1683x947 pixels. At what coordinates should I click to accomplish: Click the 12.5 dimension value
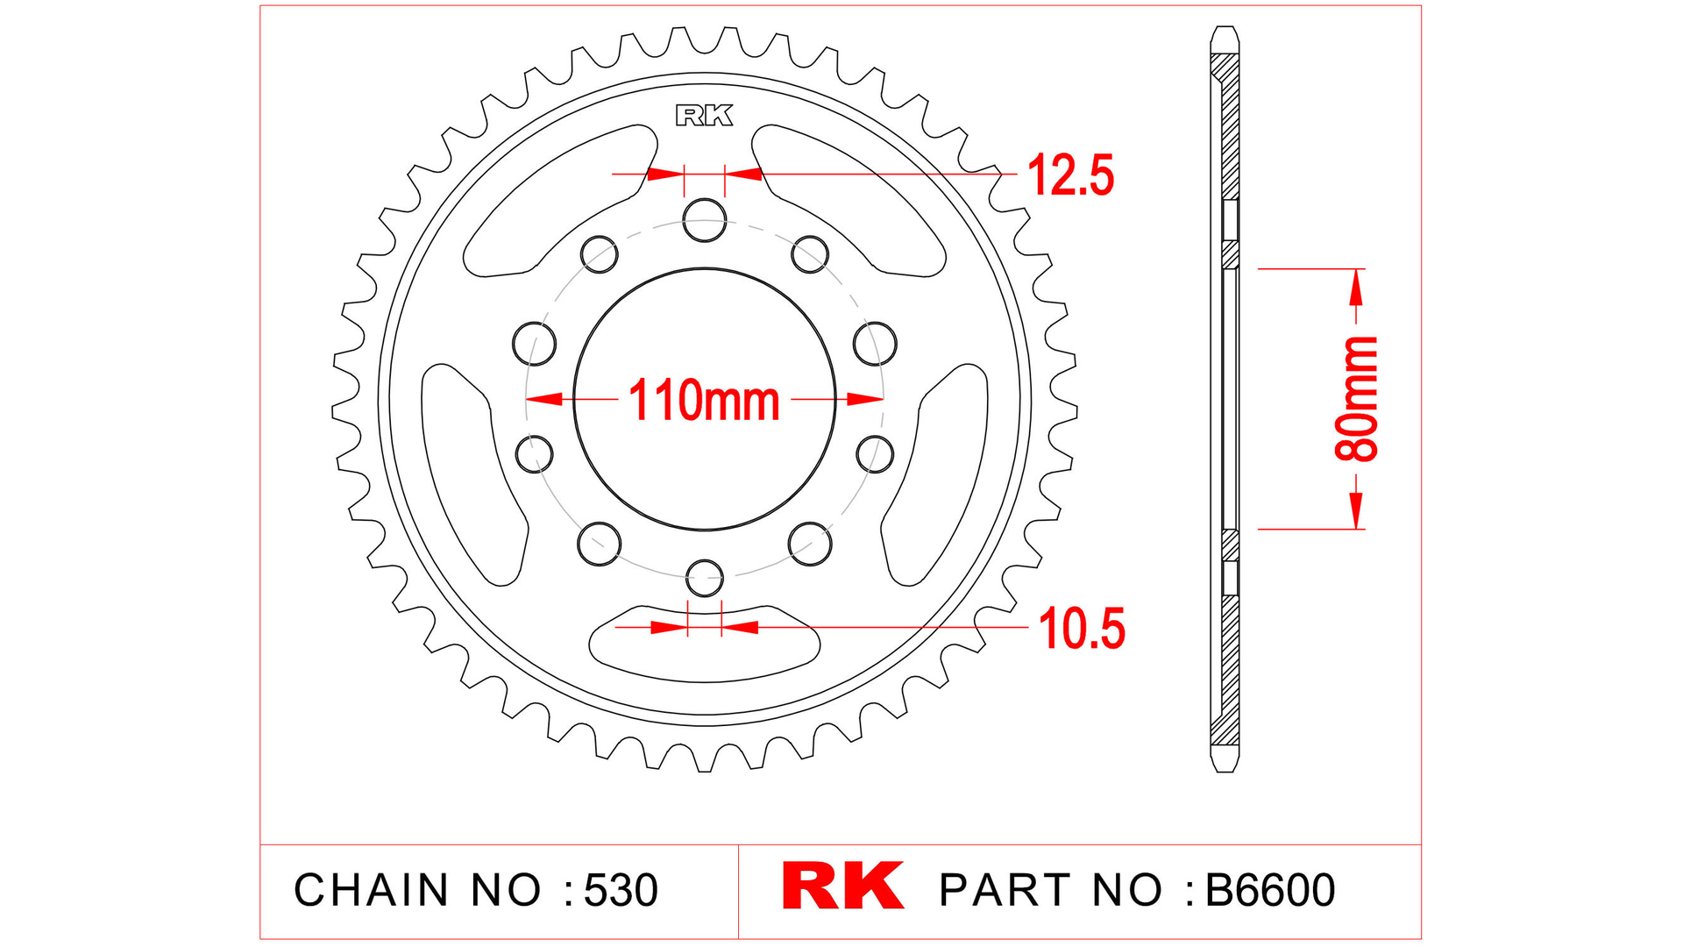pyautogui.click(x=1069, y=175)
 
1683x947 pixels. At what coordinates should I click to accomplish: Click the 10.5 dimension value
pyautogui.click(x=1081, y=629)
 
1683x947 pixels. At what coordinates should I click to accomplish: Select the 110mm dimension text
pyautogui.click(x=704, y=401)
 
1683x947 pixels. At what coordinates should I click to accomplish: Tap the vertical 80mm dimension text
pyautogui.click(x=1356, y=399)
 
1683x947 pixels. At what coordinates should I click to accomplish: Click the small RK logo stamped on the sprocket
pyautogui.click(x=704, y=116)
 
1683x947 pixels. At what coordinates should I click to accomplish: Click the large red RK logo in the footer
pyautogui.click(x=842, y=886)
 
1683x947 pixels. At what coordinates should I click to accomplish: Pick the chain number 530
pyautogui.click(x=621, y=890)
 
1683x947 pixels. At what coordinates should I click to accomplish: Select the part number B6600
pyautogui.click(x=1270, y=890)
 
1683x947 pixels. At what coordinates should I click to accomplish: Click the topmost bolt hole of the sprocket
pyautogui.click(x=705, y=219)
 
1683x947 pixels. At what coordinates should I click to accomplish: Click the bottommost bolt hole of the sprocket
pyautogui.click(x=704, y=577)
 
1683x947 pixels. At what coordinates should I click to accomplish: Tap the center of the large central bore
pyautogui.click(x=705, y=399)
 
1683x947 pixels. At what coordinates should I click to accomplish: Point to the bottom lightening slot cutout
pyautogui.click(x=704, y=644)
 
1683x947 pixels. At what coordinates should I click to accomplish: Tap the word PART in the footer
pyautogui.click(x=1005, y=890)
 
